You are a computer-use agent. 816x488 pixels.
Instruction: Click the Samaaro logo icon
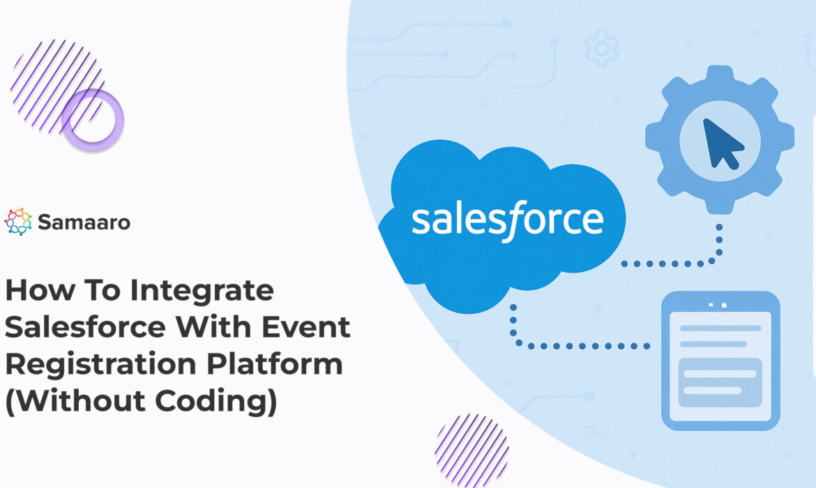pos(17,222)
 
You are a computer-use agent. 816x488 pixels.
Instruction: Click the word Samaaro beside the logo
pos(84,222)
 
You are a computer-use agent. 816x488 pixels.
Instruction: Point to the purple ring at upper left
pos(92,120)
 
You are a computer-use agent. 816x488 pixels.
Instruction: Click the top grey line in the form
pos(720,328)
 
